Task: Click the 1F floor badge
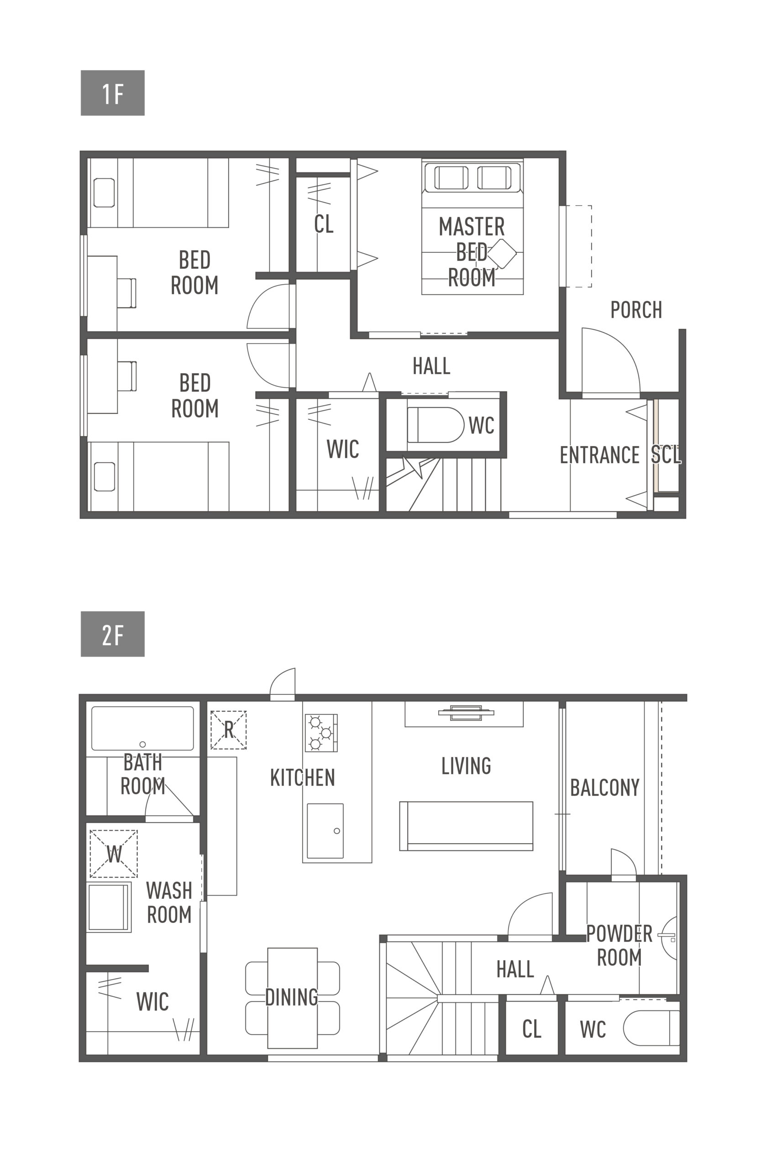click(x=112, y=93)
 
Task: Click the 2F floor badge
click(x=112, y=634)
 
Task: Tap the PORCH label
click(x=636, y=310)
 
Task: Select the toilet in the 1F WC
click(x=435, y=424)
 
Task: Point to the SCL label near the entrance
click(x=666, y=455)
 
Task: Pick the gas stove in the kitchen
click(x=321, y=733)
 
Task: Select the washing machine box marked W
click(x=113, y=854)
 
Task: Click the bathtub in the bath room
click(x=142, y=728)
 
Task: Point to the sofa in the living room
click(x=466, y=826)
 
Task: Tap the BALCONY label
click(x=604, y=787)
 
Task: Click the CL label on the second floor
click(x=532, y=1029)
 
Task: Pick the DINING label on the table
click(x=292, y=997)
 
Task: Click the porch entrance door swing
click(x=611, y=361)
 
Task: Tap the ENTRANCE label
click(x=599, y=455)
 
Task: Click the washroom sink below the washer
click(x=109, y=907)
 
